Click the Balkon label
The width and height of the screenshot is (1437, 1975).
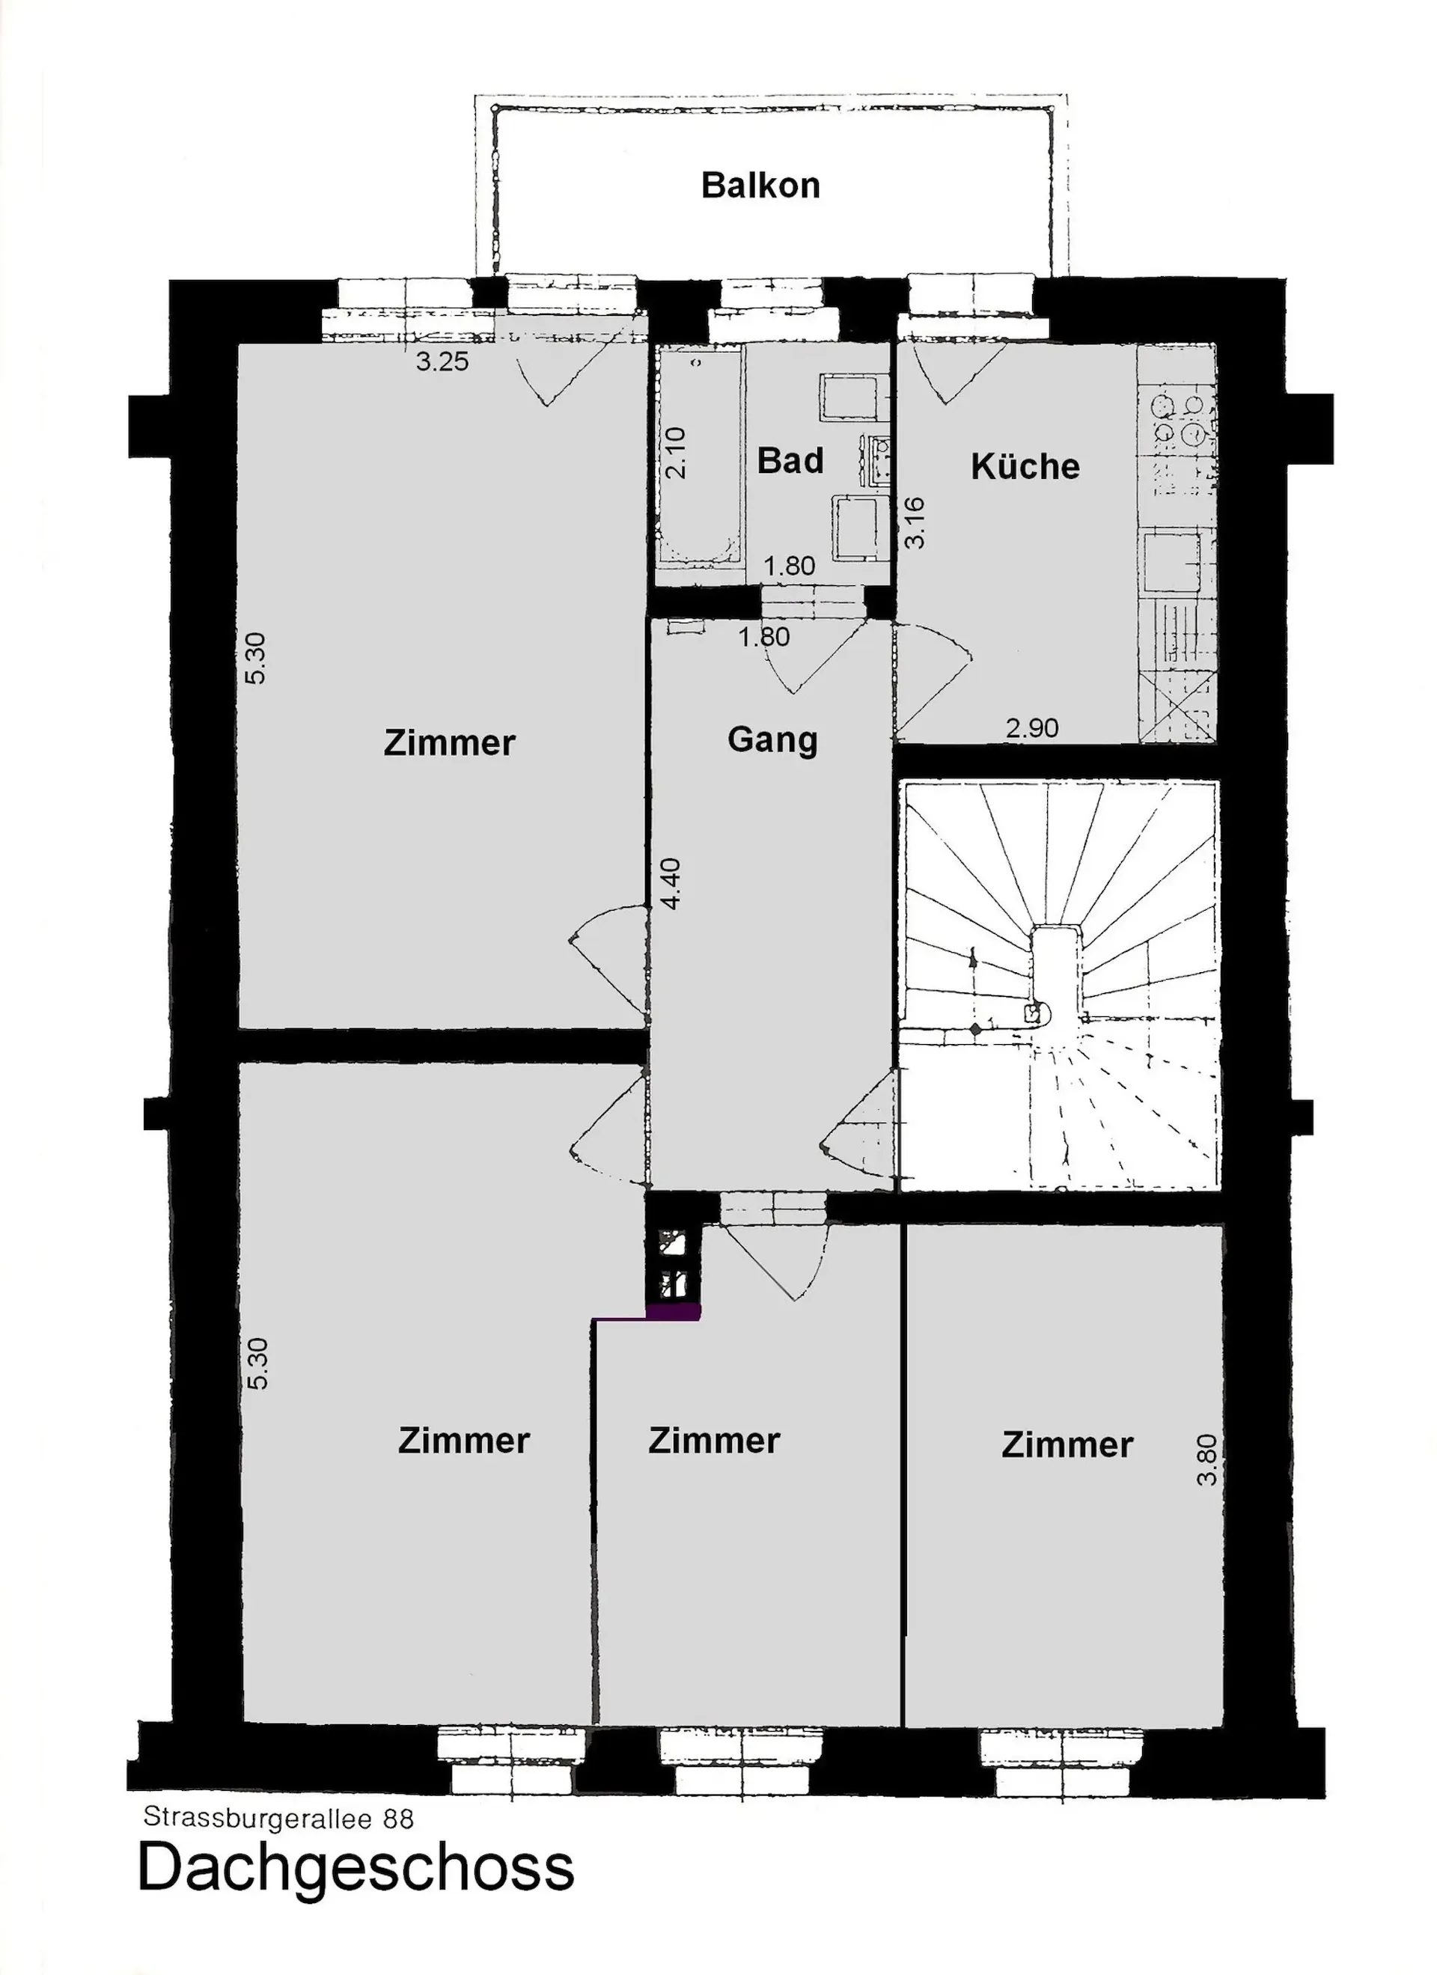click(x=760, y=186)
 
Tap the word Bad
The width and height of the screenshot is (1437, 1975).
click(x=790, y=461)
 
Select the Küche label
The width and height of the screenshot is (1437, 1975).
click(x=1025, y=466)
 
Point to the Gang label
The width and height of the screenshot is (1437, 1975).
click(x=772, y=740)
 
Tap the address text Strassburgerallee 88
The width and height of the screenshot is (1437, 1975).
click(x=278, y=1819)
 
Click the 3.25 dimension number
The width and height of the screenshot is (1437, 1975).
click(x=442, y=361)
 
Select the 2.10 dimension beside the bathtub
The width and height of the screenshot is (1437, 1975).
click(x=676, y=453)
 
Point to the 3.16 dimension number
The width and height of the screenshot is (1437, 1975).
click(x=915, y=522)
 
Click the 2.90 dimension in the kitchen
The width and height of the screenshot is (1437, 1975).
click(x=1032, y=727)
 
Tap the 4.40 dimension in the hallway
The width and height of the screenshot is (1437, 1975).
click(x=670, y=884)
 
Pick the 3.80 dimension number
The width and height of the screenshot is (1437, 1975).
click(x=1206, y=1460)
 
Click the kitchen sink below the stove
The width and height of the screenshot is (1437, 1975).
click(x=1172, y=563)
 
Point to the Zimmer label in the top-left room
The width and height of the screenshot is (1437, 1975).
click(x=449, y=743)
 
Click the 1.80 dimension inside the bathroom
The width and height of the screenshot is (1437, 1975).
click(x=790, y=566)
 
